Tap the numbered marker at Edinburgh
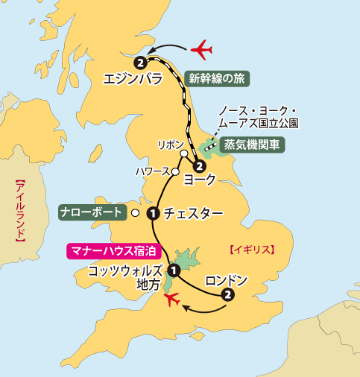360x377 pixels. (138, 62)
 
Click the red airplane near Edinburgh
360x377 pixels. (201, 50)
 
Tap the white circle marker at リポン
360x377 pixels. (183, 154)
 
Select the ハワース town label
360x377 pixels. (152, 171)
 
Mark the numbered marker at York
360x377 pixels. (200, 166)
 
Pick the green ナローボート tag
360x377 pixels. (91, 212)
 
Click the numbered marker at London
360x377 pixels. (228, 295)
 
